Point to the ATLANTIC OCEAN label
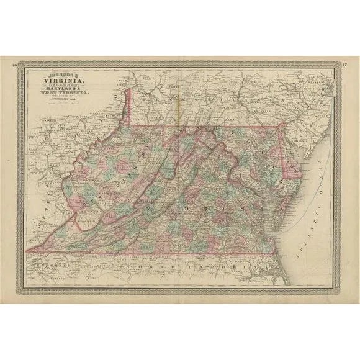tap(318, 186)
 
